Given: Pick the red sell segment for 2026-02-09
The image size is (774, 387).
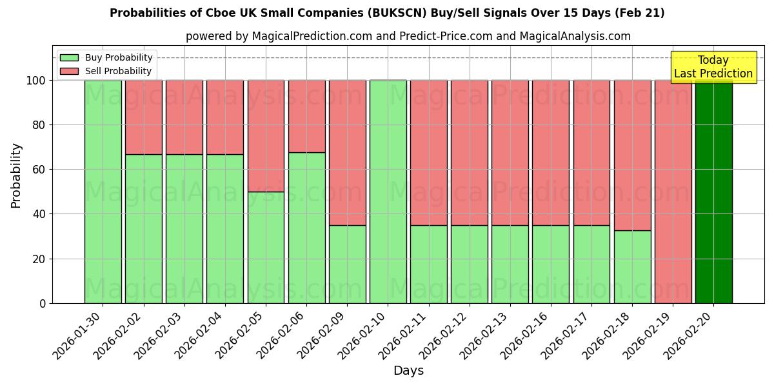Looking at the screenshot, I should click(347, 153).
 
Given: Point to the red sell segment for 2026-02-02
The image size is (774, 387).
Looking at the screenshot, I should click(143, 117).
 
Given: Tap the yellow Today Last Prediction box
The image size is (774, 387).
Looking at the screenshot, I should click(713, 67).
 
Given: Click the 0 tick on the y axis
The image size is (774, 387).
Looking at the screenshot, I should click(43, 303).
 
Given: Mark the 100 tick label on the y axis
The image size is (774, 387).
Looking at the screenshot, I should click(36, 81).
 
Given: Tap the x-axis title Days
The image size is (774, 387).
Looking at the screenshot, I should click(408, 371).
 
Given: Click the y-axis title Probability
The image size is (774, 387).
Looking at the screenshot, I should click(16, 175).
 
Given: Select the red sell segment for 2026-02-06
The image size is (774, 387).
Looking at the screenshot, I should click(306, 116).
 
